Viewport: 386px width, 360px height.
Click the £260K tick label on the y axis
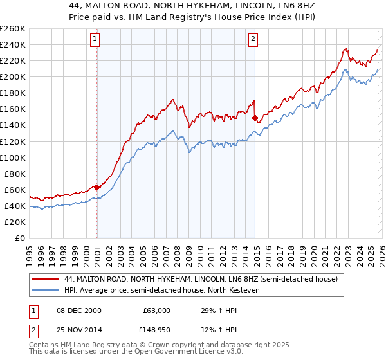(13, 29)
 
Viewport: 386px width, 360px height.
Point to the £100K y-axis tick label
(13, 157)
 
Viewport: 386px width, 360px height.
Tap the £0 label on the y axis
(20, 238)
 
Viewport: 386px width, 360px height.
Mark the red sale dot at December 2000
(97, 187)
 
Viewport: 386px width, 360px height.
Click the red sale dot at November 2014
(255, 118)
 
